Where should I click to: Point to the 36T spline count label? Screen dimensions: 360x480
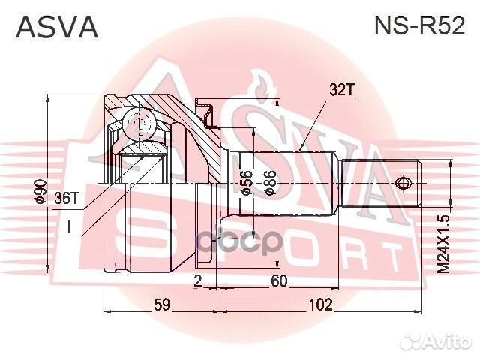point(67,198)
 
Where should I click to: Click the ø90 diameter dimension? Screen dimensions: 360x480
point(41,193)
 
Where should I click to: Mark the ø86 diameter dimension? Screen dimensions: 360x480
point(271,182)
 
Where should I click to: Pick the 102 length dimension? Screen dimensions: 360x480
point(320,304)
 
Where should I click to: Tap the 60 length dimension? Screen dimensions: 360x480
point(280,281)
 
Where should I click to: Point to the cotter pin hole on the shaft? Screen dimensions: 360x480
point(403,182)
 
